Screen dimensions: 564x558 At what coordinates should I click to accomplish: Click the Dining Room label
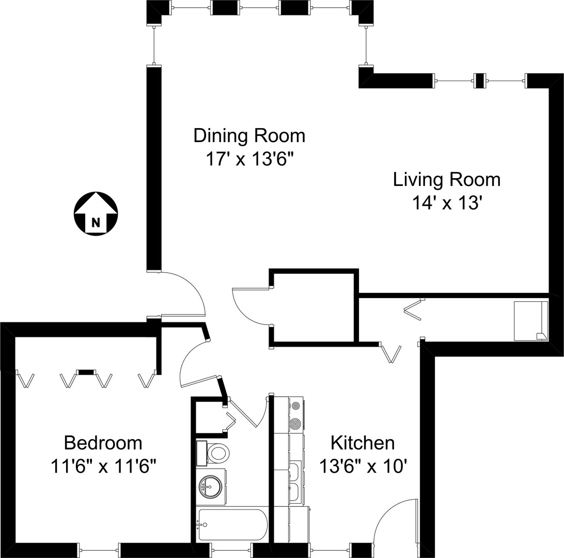249,136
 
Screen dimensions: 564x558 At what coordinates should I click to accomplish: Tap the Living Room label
447,180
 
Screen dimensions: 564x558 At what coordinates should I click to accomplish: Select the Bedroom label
103,443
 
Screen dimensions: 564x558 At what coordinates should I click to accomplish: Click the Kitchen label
363,443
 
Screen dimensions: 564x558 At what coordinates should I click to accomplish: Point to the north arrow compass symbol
96,214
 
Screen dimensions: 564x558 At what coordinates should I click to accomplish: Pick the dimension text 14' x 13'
447,204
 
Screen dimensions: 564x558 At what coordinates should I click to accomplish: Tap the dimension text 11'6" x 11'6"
104,467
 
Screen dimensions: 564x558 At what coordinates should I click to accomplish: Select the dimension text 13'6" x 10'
363,467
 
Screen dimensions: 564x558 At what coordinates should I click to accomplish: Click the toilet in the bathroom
213,453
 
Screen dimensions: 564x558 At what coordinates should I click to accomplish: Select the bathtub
232,525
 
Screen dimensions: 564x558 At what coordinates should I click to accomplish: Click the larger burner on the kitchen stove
296,424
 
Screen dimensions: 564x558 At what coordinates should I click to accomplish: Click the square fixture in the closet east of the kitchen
531,321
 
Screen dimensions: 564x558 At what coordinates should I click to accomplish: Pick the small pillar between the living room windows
479,81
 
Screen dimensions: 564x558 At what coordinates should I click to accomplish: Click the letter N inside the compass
96,223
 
